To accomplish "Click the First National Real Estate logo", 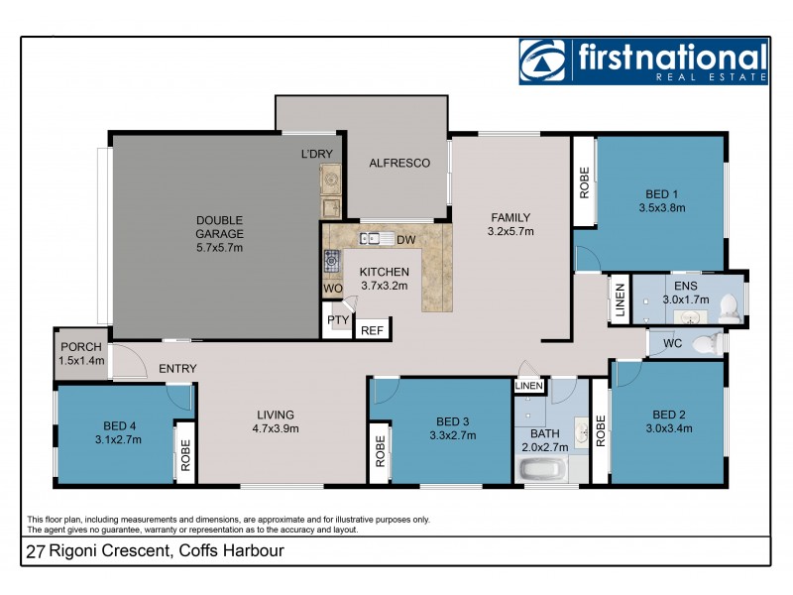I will coord(643,61).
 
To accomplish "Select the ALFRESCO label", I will coord(399,163).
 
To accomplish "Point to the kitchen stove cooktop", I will coord(331,262).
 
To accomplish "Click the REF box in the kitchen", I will coord(372,330).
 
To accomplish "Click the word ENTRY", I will coord(177,369).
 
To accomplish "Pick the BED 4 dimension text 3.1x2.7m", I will coord(118,438).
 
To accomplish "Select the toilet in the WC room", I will coord(706,344).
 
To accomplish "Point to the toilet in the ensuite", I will coord(729,305).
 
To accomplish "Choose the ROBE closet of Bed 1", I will coord(584,181).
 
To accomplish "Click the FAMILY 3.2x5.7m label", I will coord(510,225).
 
